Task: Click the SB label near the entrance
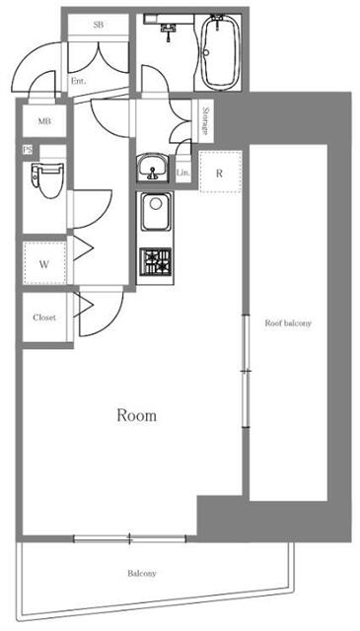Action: coord(98,25)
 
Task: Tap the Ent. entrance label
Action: coord(78,81)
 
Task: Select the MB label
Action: coord(44,121)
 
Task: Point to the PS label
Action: coord(28,150)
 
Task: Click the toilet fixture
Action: coord(47,179)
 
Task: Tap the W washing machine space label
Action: coord(44,264)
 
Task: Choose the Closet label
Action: coord(44,317)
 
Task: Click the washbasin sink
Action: coord(152,168)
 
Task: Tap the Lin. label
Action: coord(182,174)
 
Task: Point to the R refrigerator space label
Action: coord(219,174)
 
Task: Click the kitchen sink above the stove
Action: coord(156,211)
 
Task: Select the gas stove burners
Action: coord(156,262)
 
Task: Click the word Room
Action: coord(136,415)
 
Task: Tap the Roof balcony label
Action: coord(288,323)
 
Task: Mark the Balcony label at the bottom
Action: coord(142,573)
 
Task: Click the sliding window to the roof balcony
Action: coord(246,371)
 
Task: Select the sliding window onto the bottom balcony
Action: coord(129,538)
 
